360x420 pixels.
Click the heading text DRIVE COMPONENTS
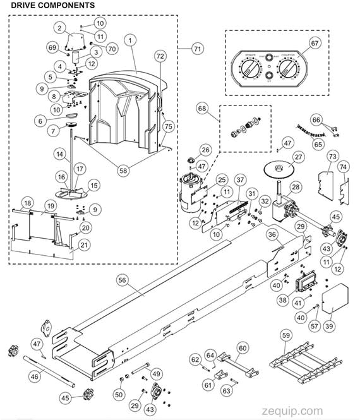(x=52, y=5)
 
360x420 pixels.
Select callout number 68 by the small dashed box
(x=203, y=109)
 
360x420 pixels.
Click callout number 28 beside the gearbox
(x=296, y=187)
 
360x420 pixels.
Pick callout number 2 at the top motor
(x=60, y=28)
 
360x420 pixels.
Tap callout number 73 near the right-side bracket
(x=332, y=155)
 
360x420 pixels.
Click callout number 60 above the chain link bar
(x=243, y=347)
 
